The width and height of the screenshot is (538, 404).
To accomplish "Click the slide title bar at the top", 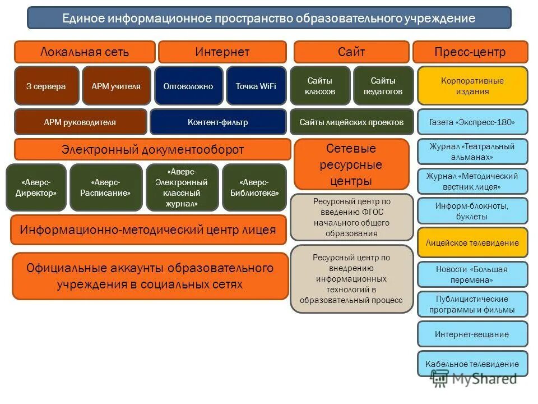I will pyautogui.click(x=269, y=18).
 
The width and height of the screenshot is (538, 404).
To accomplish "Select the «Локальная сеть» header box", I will pyautogui.click(x=85, y=52).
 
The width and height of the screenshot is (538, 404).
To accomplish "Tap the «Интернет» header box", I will pyautogui.click(x=222, y=52).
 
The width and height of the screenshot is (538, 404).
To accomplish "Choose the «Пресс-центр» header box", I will pyautogui.click(x=470, y=52).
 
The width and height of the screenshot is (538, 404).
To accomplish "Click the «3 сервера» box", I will pyautogui.click(x=46, y=86).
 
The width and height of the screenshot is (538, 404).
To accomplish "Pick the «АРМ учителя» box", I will pyautogui.click(x=116, y=86).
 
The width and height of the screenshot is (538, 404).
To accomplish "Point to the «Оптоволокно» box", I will pyautogui.click(x=188, y=86).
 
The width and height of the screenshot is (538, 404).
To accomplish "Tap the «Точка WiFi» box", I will pyautogui.click(x=256, y=86).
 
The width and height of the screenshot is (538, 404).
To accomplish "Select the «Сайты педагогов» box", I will pyautogui.click(x=383, y=86).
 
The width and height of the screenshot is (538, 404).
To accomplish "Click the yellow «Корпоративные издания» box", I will pyautogui.click(x=472, y=86).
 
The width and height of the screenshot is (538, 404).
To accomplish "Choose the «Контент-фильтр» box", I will pyautogui.click(x=218, y=122).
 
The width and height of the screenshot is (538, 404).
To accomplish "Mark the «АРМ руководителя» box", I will pyautogui.click(x=80, y=122).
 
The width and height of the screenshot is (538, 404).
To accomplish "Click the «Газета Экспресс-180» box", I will pyautogui.click(x=472, y=122).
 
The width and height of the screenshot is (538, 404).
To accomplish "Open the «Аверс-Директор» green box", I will pyautogui.click(x=36, y=187).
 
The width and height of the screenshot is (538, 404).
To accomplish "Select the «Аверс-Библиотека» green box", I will pyautogui.click(x=254, y=187).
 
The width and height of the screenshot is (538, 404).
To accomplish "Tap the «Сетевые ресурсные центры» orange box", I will pyautogui.click(x=351, y=165).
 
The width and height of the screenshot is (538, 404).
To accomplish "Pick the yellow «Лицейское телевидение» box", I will pyautogui.click(x=472, y=243).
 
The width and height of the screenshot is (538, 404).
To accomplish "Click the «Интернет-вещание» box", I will pyautogui.click(x=472, y=334).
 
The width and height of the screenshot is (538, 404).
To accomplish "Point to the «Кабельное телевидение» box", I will pyautogui.click(x=472, y=364).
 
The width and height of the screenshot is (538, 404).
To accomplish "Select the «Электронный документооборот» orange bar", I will pyautogui.click(x=152, y=150).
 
